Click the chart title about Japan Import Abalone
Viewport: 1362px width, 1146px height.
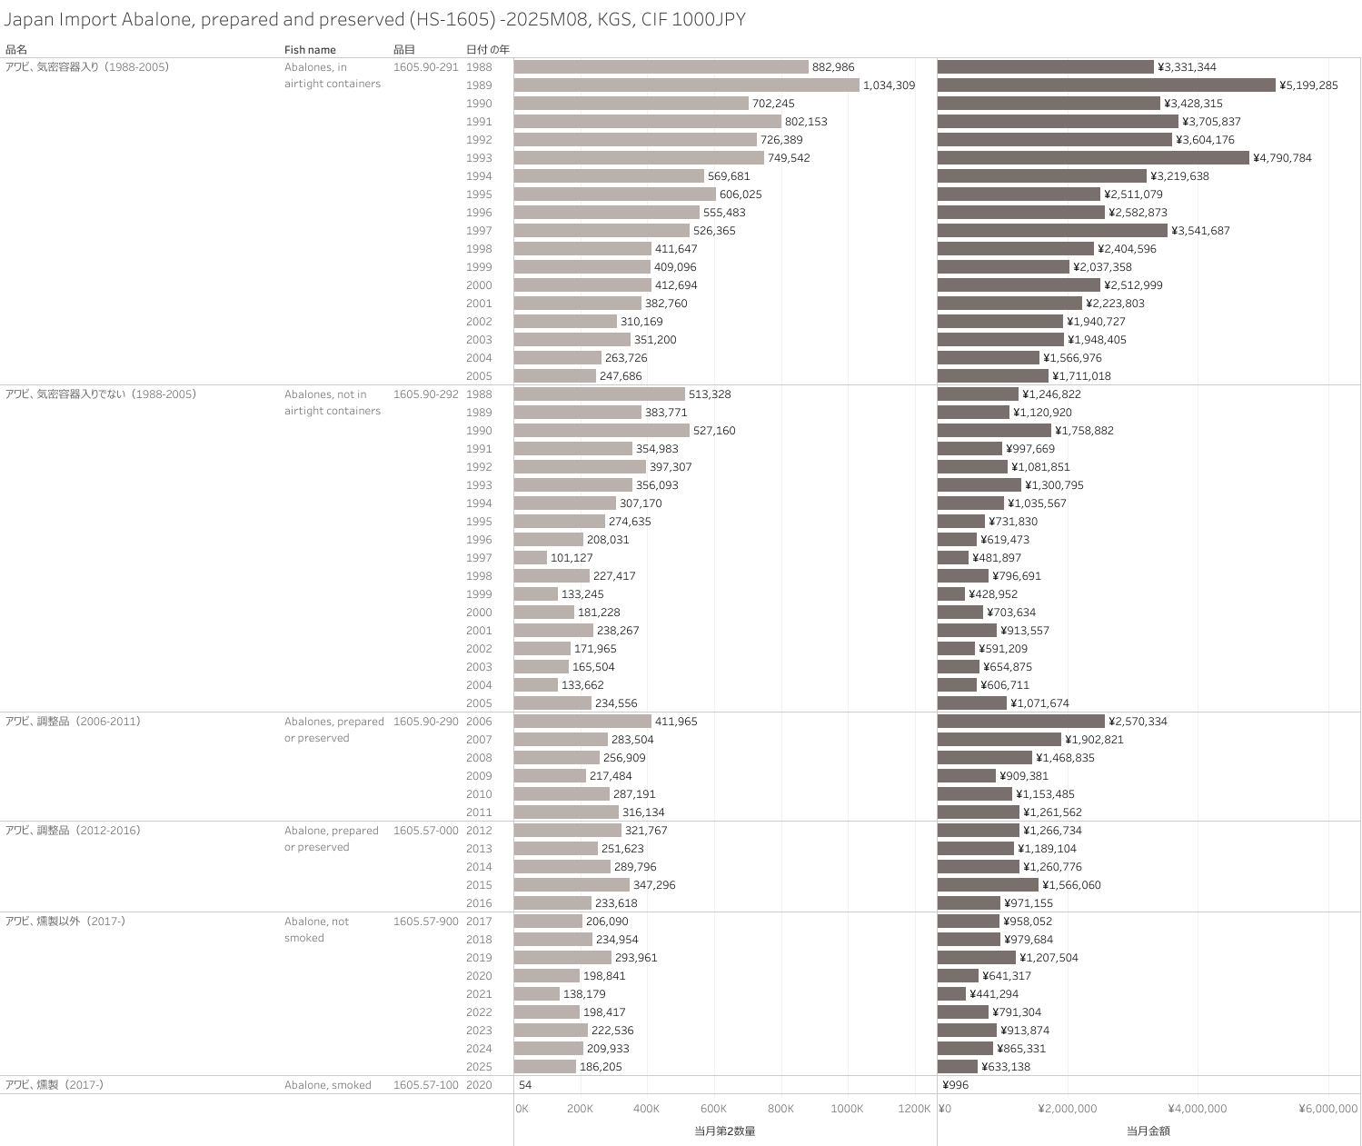point(374,19)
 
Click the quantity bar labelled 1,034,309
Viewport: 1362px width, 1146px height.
point(686,85)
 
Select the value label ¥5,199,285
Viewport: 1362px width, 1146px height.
point(1308,85)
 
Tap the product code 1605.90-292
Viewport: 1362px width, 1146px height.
point(425,394)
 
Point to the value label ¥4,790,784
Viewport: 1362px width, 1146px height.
point(1282,158)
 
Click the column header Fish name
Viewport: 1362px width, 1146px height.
point(310,50)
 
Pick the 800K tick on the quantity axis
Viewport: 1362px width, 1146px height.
point(780,1109)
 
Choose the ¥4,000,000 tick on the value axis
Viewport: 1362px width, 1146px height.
point(1197,1109)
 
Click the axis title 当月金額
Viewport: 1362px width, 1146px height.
point(1148,1131)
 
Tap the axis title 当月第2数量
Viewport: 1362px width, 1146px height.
point(725,1131)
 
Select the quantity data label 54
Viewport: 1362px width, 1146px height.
point(525,1085)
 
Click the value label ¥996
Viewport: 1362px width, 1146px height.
point(956,1085)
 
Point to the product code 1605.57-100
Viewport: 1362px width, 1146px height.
point(425,1085)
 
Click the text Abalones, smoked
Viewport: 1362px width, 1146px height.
point(327,1085)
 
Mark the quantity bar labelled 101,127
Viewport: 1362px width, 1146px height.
point(531,558)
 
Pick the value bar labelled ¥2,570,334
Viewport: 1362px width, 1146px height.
point(1020,722)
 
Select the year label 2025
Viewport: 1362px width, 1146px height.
point(479,1067)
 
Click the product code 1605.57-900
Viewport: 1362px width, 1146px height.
point(425,922)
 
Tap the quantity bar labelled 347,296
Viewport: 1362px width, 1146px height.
point(572,885)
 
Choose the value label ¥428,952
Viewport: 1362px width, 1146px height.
point(993,594)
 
